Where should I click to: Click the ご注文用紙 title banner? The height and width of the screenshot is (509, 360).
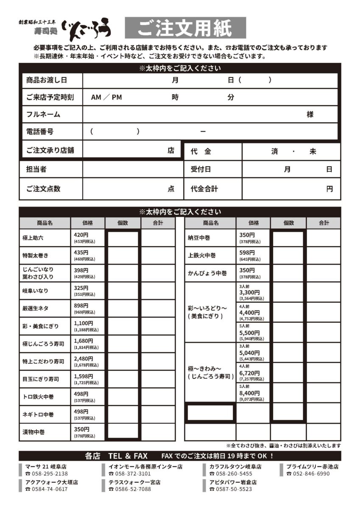click(x=185, y=28)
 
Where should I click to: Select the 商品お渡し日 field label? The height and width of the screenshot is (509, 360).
click(x=47, y=80)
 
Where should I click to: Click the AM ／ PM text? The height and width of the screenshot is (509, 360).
click(x=106, y=97)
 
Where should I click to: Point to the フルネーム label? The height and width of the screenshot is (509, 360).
click(x=43, y=115)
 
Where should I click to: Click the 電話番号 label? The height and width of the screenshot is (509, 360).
click(x=40, y=131)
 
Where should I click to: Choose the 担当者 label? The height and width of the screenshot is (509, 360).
click(x=36, y=169)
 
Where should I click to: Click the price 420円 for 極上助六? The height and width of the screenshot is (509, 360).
click(x=81, y=235)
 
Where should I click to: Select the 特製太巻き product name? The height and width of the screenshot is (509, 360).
click(x=36, y=255)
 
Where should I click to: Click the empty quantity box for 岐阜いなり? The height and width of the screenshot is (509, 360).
click(x=123, y=291)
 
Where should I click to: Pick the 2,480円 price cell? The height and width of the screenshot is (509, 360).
click(x=84, y=358)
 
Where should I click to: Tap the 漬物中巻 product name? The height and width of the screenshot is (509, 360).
click(x=33, y=432)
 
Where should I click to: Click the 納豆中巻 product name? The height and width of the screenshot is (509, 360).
click(x=199, y=238)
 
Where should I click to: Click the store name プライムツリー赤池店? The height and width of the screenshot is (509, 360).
click(x=312, y=467)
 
